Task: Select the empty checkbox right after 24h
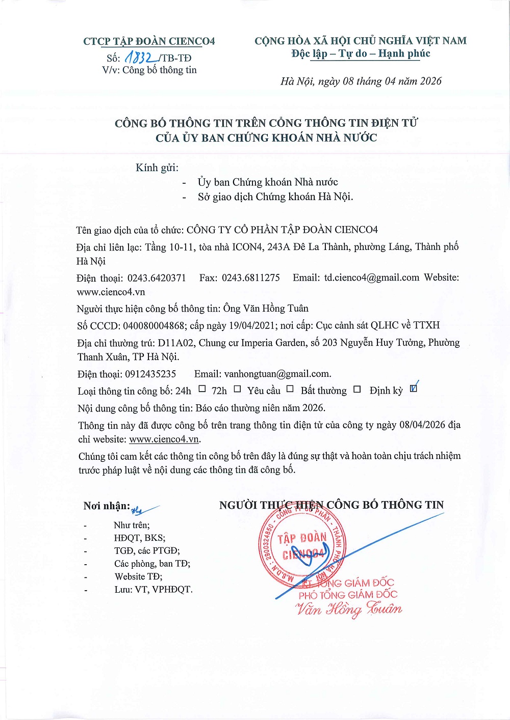click(x=202, y=389)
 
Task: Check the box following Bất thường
click(x=357, y=389)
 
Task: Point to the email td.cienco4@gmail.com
click(x=371, y=278)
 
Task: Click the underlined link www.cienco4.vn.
click(x=164, y=439)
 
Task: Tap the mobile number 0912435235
click(x=150, y=374)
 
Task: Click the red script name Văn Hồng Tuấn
click(x=348, y=609)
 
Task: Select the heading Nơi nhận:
click(x=107, y=506)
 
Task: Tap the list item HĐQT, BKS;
click(x=139, y=538)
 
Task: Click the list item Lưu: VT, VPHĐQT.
click(x=153, y=590)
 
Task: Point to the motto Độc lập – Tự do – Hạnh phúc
click(x=361, y=53)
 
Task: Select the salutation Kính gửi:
click(x=157, y=168)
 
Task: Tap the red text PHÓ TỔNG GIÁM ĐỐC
click(x=348, y=595)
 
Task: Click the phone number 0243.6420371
click(x=157, y=278)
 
